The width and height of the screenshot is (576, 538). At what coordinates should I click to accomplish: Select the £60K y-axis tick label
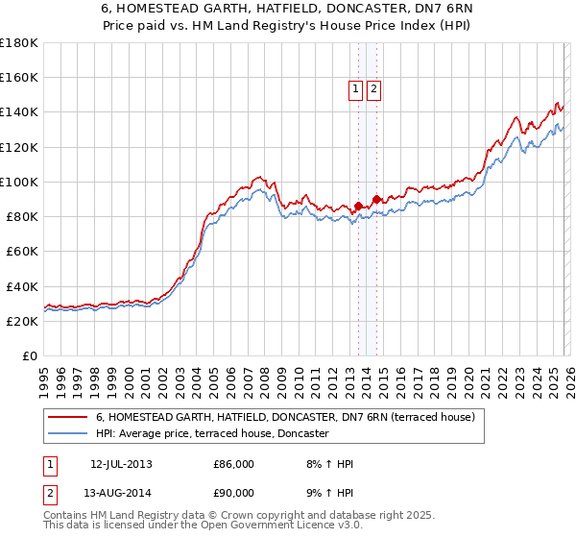[x=21, y=251]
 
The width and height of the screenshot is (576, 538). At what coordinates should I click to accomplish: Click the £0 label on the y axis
[x=30, y=355]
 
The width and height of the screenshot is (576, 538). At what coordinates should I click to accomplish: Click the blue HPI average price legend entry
[x=212, y=433]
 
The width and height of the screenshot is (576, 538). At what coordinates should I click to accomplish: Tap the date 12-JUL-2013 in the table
[x=121, y=464]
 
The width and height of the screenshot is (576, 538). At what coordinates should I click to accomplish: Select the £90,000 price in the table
[x=234, y=495]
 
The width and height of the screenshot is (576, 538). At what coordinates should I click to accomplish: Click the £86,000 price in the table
[x=234, y=464]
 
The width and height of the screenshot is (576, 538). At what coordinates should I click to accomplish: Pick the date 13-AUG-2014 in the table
[x=121, y=495]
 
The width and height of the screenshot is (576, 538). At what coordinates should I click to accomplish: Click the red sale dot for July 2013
[x=358, y=206]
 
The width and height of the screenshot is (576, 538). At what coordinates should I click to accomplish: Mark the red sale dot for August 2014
[x=376, y=199]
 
